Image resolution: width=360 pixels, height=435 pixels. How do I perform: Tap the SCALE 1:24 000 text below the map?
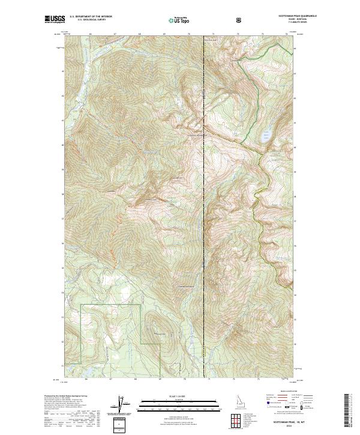[172, 396]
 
